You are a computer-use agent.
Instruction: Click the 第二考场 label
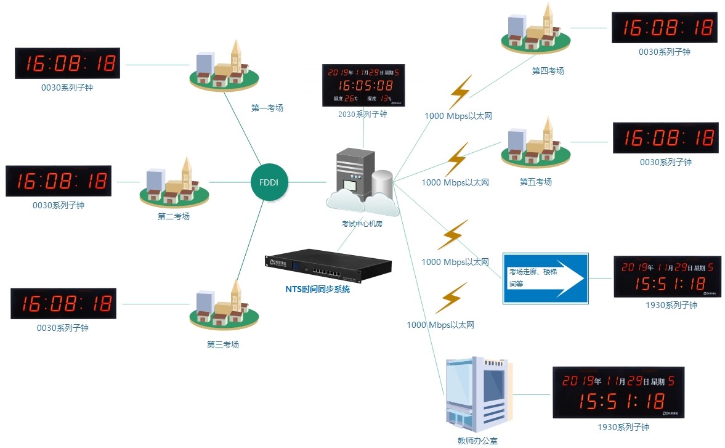point(173,216)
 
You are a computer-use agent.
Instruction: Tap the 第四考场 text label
point(548,71)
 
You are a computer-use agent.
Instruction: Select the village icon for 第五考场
point(534,148)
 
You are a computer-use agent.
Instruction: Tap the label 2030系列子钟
point(363,114)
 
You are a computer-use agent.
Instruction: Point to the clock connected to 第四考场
point(664,28)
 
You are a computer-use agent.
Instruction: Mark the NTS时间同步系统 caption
point(317,288)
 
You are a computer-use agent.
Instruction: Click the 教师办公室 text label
point(477,440)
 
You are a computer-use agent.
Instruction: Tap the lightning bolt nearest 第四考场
point(460,92)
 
